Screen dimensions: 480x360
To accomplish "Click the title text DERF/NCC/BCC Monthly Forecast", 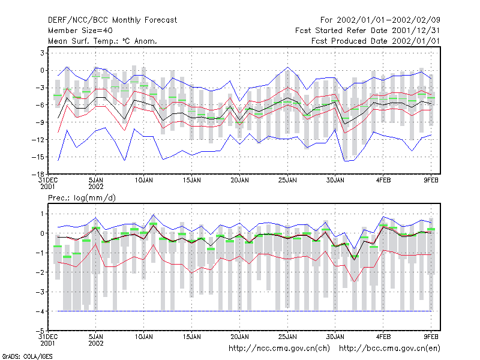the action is [112, 20].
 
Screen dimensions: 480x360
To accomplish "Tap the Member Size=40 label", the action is [80, 31].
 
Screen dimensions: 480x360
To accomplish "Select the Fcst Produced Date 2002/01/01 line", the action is [376, 41].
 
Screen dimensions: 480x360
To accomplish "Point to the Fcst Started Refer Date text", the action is [342, 31].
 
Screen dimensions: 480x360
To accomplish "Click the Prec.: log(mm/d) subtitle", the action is [82, 198].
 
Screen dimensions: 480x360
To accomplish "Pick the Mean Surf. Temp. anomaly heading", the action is [103, 41].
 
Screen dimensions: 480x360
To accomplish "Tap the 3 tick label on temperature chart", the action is [43, 53].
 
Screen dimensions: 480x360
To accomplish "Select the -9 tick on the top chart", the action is [40, 122].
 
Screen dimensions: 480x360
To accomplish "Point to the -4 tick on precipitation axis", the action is [40, 311].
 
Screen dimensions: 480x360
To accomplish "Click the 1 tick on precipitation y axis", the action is [43, 214].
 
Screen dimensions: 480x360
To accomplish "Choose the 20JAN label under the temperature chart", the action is [239, 181].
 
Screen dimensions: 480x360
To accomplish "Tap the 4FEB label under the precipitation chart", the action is [383, 337].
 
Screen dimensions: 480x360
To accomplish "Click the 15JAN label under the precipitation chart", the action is [192, 337].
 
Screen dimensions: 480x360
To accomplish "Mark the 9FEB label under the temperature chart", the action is [431, 181].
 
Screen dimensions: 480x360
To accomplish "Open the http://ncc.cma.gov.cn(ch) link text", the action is [279, 349].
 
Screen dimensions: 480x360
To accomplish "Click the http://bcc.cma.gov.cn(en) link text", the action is [389, 349].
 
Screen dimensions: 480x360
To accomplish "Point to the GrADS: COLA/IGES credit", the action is [27, 356].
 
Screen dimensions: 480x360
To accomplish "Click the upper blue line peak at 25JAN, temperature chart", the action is [288, 67].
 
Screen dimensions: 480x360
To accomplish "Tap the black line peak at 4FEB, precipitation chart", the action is [383, 227].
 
